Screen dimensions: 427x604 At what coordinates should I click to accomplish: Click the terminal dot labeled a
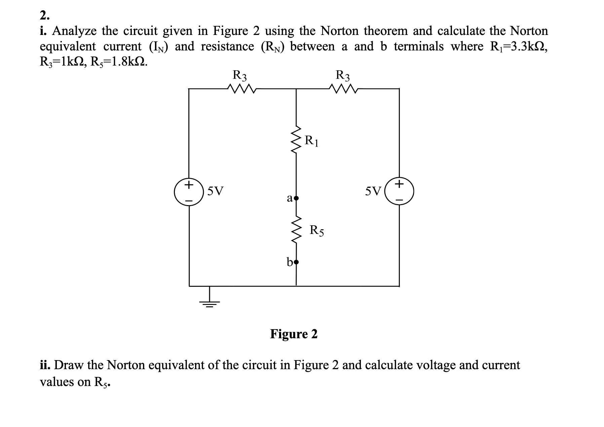(296, 198)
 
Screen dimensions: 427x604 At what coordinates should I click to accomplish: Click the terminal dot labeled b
(296, 261)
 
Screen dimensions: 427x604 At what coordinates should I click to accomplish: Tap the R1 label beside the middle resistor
(311, 141)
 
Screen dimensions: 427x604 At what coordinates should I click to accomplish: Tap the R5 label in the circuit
(317, 231)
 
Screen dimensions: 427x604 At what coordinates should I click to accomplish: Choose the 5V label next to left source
(215, 191)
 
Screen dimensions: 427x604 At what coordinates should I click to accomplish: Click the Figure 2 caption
(294, 334)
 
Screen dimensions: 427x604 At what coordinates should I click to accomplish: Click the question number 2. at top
(44, 15)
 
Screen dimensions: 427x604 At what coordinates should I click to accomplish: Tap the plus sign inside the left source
(189, 185)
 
